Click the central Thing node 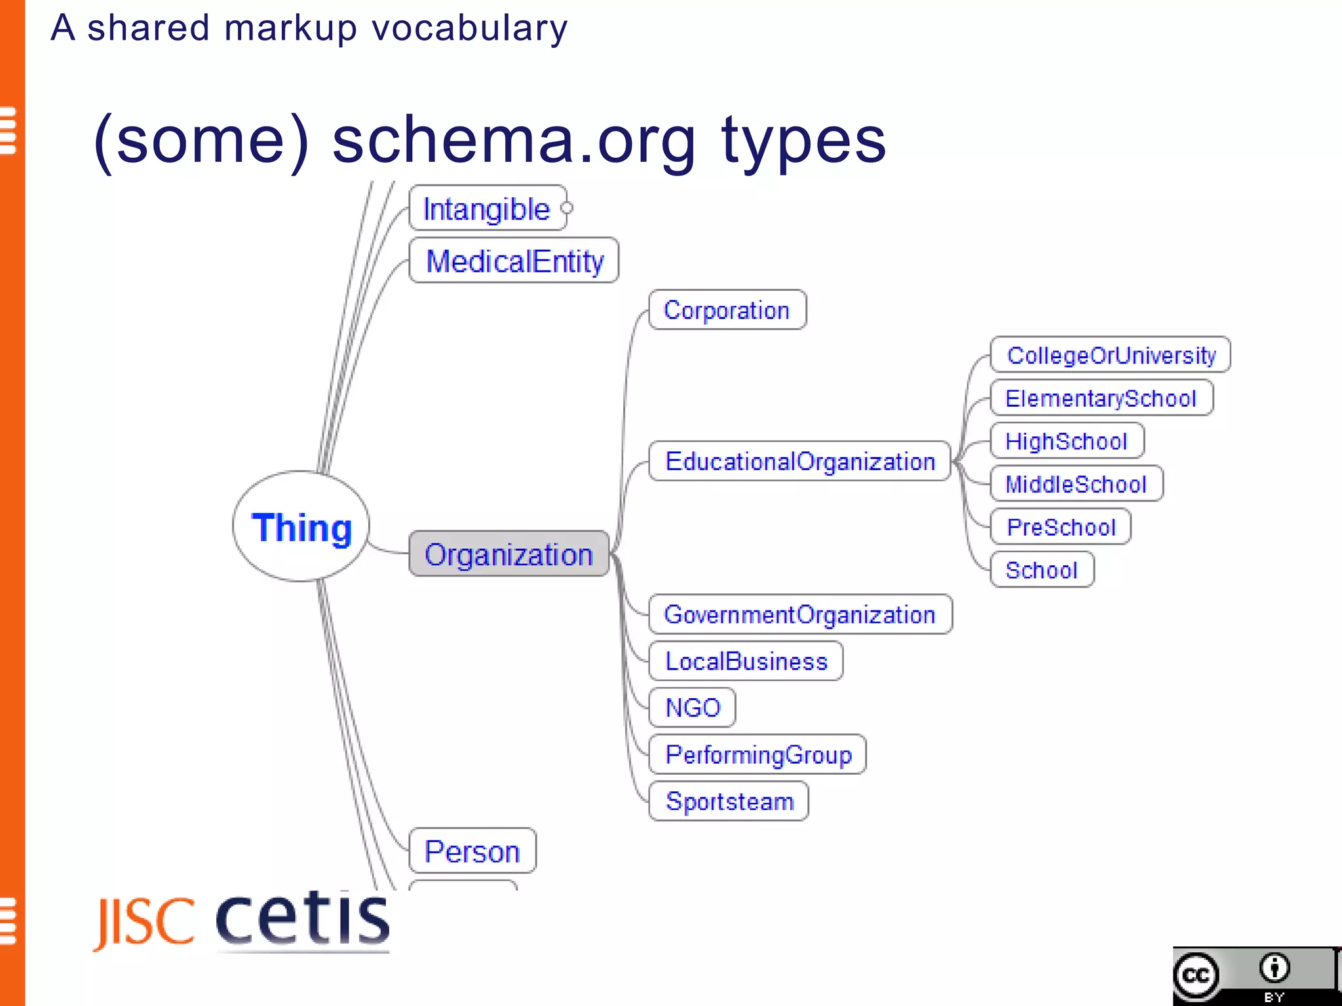[301, 527]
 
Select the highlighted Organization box [509, 554]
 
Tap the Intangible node [487, 209]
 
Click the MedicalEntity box [514, 261]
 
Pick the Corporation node [727, 310]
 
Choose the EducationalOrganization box [799, 462]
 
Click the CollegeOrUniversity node [1111, 355]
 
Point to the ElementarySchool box [1101, 398]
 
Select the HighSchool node [1066, 441]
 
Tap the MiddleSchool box [1076, 484]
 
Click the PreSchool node [1061, 527]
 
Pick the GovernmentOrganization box [799, 614]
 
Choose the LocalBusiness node [746, 661]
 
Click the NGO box [693, 708]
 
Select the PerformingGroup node [758, 754]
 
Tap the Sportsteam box [729, 801]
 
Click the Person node [472, 851]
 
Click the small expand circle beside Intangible [567, 208]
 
